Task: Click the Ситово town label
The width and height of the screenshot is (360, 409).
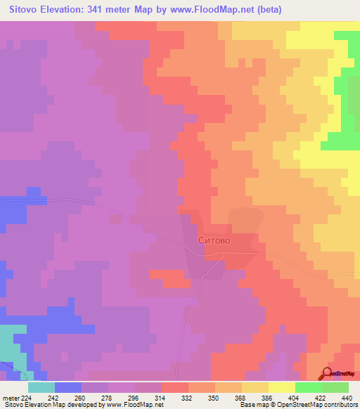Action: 214,240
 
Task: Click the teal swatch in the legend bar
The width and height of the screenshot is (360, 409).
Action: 41,387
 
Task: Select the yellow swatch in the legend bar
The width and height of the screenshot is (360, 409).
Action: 281,387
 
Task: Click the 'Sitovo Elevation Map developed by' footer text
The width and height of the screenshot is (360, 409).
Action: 52,404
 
